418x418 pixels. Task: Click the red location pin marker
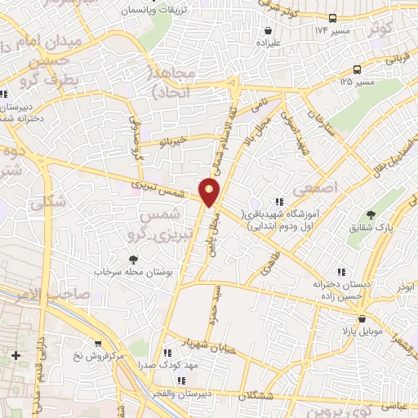point(211,190)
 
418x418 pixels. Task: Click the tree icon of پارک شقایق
point(371,216)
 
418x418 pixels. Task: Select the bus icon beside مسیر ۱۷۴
point(332,18)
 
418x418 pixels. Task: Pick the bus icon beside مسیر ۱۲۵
point(358,70)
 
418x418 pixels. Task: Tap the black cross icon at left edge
point(16,356)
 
